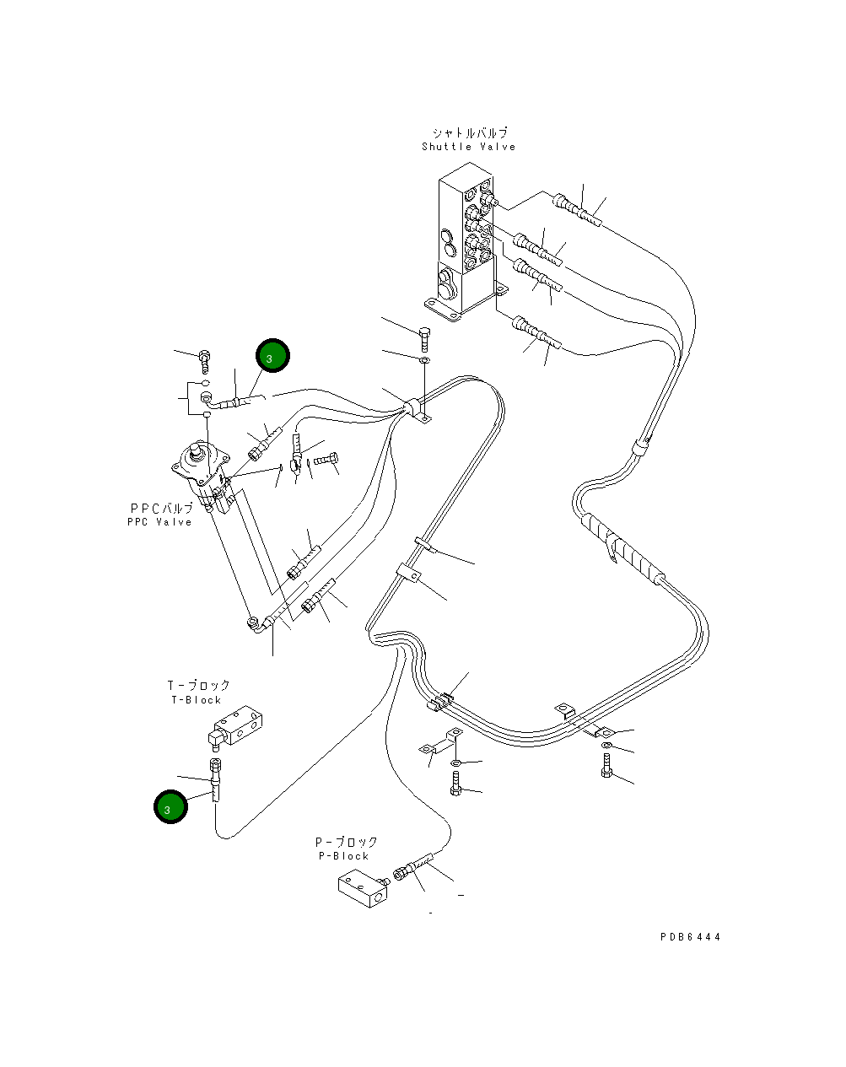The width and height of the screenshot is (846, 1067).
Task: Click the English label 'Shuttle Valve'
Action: click(469, 147)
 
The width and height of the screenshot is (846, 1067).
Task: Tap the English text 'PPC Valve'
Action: click(159, 522)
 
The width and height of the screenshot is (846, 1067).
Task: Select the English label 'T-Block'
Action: click(197, 700)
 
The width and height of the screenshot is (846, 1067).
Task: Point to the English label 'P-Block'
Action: click(343, 856)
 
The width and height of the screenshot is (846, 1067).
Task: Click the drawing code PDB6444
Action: click(690, 936)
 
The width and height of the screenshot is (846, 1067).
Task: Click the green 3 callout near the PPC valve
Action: click(272, 355)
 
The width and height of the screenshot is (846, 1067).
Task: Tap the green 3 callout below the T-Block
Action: click(170, 806)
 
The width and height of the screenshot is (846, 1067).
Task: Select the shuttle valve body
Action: click(465, 238)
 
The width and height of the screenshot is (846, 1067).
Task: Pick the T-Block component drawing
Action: click(234, 727)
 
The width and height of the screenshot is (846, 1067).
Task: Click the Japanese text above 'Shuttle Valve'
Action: click(470, 133)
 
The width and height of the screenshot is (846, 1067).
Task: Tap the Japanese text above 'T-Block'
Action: click(198, 685)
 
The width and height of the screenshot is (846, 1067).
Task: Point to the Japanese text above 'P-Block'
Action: click(346, 842)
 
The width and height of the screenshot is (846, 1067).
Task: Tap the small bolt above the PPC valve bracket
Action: click(204, 361)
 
